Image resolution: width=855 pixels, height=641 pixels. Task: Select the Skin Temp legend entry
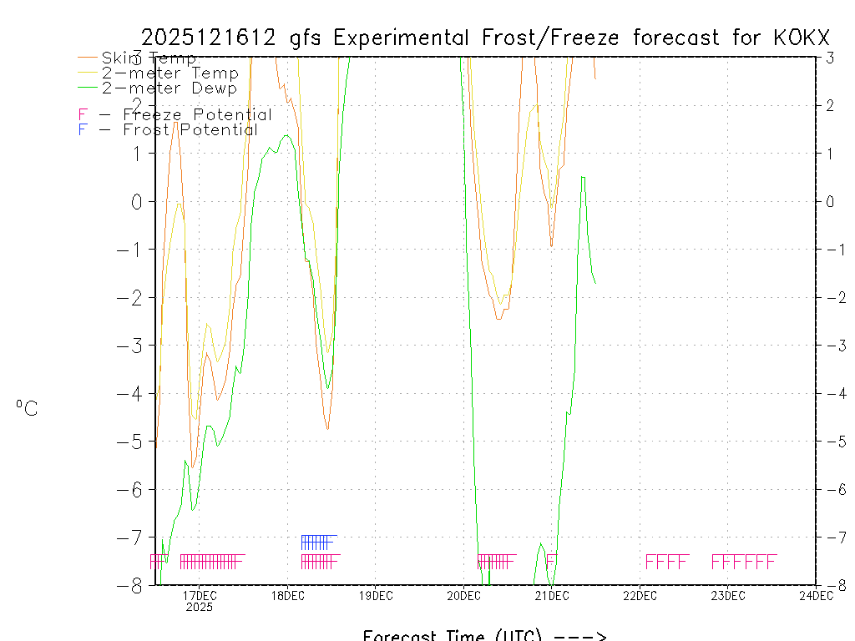[149, 58]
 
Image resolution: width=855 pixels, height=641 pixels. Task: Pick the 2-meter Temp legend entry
[169, 73]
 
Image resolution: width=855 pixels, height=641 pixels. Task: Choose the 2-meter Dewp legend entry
[169, 88]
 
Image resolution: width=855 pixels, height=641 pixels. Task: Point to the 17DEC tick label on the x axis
[200, 595]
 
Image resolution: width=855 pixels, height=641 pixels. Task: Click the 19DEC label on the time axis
[376, 595]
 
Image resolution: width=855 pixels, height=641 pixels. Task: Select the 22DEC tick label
[640, 595]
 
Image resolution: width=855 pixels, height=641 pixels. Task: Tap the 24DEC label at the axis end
[816, 595]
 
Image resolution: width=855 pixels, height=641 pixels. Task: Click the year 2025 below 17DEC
[200, 608]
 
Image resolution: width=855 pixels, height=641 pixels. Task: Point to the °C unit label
[27, 409]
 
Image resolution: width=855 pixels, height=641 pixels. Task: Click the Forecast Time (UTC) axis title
[484, 635]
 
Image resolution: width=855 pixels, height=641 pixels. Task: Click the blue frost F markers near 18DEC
[318, 542]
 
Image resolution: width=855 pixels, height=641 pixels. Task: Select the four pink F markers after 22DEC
[667, 562]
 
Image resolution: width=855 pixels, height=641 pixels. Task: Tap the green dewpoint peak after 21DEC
[583, 177]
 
